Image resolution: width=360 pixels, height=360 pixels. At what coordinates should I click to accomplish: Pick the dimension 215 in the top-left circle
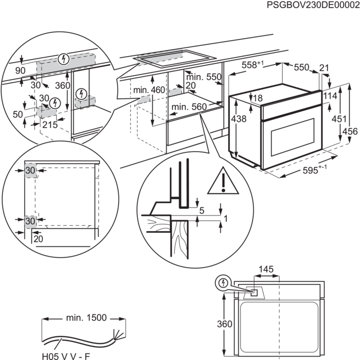[x=49, y=125]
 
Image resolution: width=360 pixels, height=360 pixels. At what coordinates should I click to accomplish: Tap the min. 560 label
[x=185, y=107]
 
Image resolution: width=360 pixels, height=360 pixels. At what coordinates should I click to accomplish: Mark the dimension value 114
[x=330, y=96]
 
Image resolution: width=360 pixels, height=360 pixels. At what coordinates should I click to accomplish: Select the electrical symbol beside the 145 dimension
[x=223, y=282]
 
